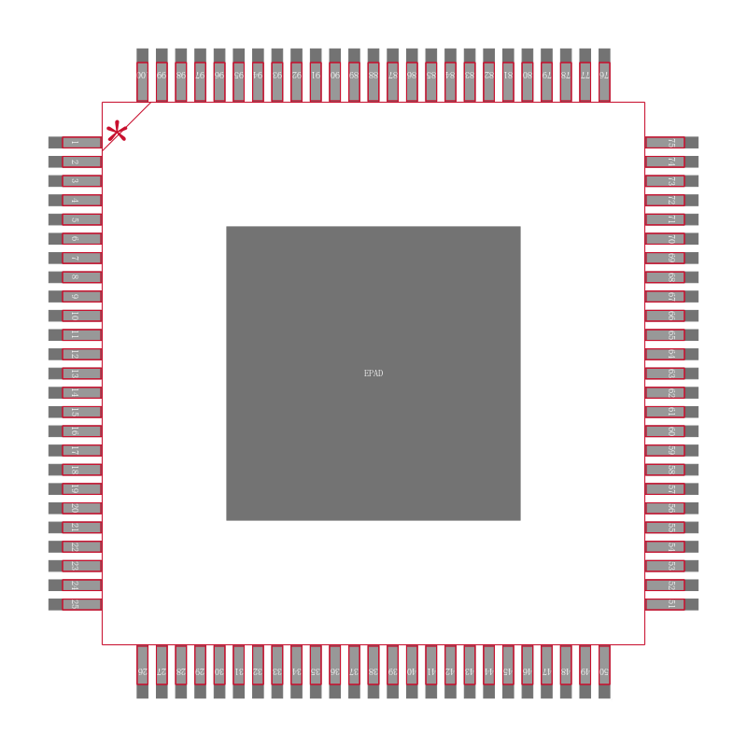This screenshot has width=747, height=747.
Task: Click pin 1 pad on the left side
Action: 75,143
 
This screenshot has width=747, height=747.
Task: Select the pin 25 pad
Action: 75,604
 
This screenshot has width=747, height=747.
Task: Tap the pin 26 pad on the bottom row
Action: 143,671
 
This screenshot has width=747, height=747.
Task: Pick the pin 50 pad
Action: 604,671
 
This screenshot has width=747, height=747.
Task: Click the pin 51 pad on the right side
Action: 671,604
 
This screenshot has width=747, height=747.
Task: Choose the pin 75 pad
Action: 671,143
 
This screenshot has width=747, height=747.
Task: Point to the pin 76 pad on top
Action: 604,76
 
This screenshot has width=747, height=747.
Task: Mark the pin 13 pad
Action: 75,373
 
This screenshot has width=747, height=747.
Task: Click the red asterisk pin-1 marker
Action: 117,132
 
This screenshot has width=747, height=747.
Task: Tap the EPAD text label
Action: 373,373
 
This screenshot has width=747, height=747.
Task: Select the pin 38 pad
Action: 373,671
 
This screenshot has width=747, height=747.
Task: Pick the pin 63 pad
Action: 671,373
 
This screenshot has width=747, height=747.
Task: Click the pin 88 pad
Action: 373,76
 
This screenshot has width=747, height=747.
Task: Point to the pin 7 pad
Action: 75,258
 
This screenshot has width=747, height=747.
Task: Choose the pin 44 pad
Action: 488,671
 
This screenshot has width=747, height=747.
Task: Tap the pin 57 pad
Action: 671,488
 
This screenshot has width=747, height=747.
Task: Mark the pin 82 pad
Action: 488,76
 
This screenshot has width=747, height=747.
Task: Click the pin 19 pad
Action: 75,488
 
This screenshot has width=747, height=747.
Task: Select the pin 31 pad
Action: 239,671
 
